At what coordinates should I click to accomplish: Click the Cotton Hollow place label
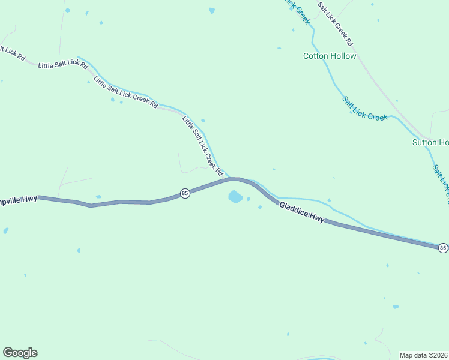tap(330, 56)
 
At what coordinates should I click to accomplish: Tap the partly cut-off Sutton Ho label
tap(430, 142)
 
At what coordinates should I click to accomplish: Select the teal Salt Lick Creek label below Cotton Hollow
tap(365, 109)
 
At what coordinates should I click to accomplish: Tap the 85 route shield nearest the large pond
tap(185, 193)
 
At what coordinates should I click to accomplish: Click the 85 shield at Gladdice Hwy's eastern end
tap(442, 247)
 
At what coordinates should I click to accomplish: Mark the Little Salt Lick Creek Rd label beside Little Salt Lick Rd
tap(125, 92)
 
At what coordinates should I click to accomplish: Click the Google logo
tap(20, 353)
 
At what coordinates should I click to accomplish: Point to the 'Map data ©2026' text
tap(424, 355)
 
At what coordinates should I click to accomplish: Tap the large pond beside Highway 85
tap(235, 197)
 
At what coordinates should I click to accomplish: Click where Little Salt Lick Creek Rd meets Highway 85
tap(224, 179)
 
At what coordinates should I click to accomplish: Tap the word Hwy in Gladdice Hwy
tap(316, 218)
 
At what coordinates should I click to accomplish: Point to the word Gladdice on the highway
tap(294, 210)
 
